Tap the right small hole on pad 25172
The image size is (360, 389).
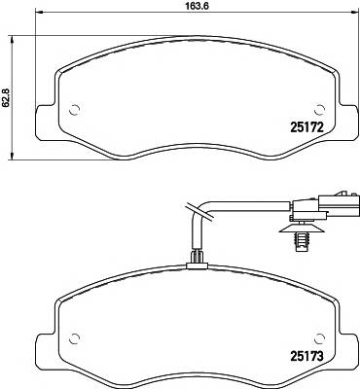click(317, 108)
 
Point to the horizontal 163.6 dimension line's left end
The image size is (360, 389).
click(36, 17)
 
